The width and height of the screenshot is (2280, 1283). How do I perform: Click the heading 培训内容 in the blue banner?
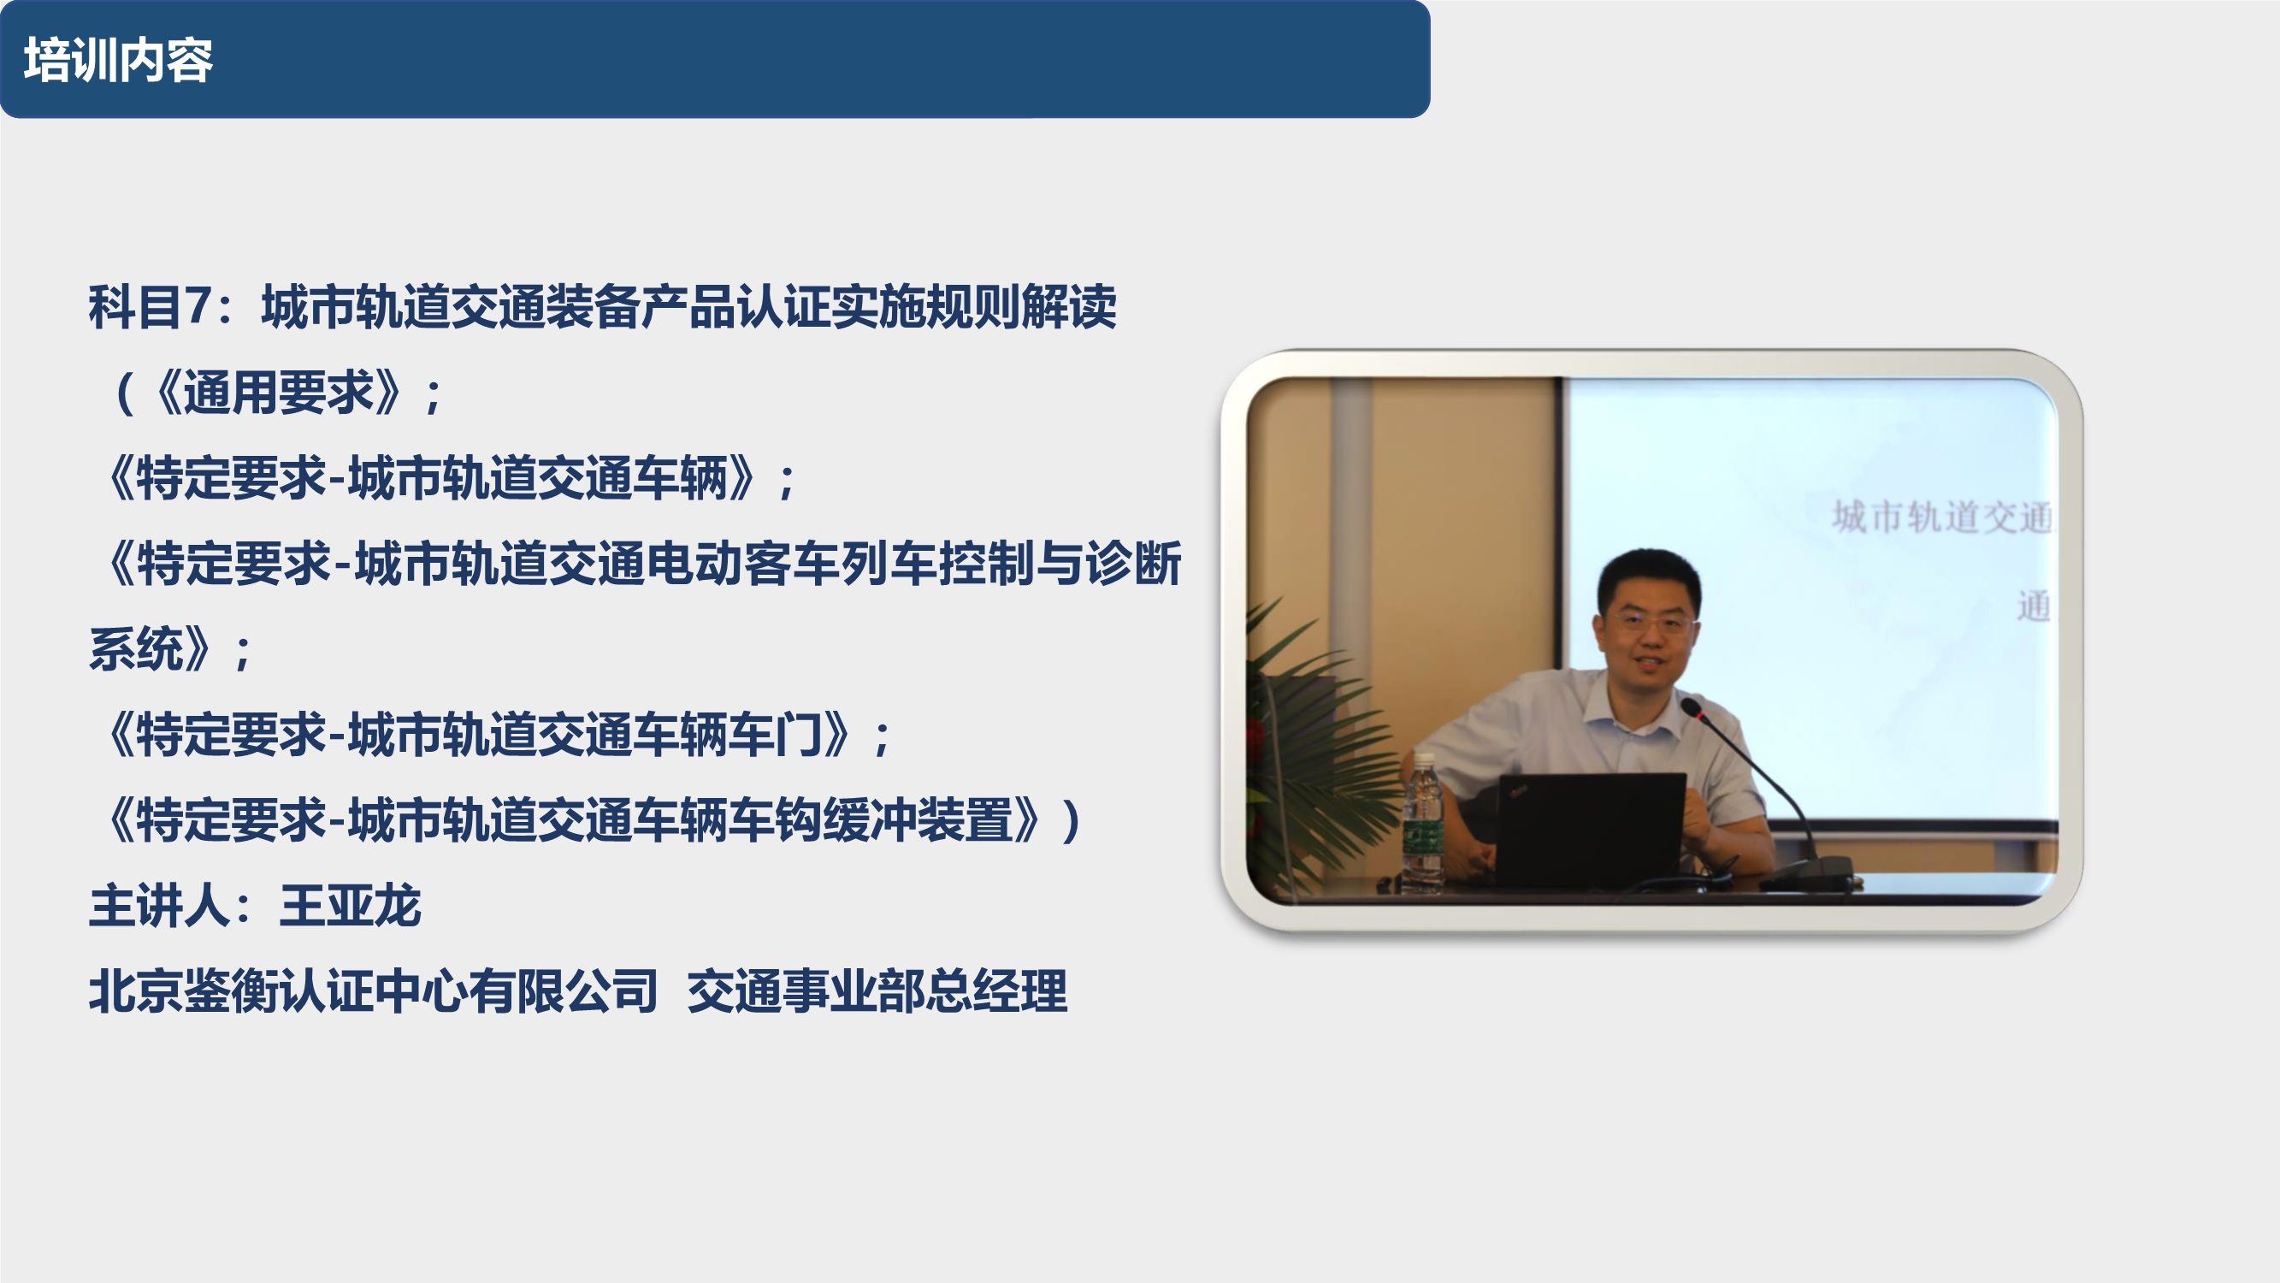pyautogui.click(x=118, y=60)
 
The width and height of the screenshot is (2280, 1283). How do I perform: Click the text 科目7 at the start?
pyautogui.click(x=149, y=307)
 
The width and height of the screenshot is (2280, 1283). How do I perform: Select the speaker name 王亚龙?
pyautogui.click(x=350, y=906)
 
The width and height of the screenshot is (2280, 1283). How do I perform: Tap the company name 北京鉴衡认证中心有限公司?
pyautogui.click(x=373, y=990)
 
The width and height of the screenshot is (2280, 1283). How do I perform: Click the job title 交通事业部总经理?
pyautogui.click(x=877, y=990)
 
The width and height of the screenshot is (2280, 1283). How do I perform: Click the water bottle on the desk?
pyautogui.click(x=1422, y=824)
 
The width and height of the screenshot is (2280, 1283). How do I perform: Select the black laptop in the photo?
pyautogui.click(x=1590, y=828)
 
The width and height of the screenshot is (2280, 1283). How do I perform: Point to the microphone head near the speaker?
pyautogui.click(x=1692, y=707)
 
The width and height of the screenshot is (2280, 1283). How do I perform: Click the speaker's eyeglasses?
pyautogui.click(x=1648, y=623)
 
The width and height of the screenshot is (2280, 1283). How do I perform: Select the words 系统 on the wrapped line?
pyautogui.click(x=135, y=649)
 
